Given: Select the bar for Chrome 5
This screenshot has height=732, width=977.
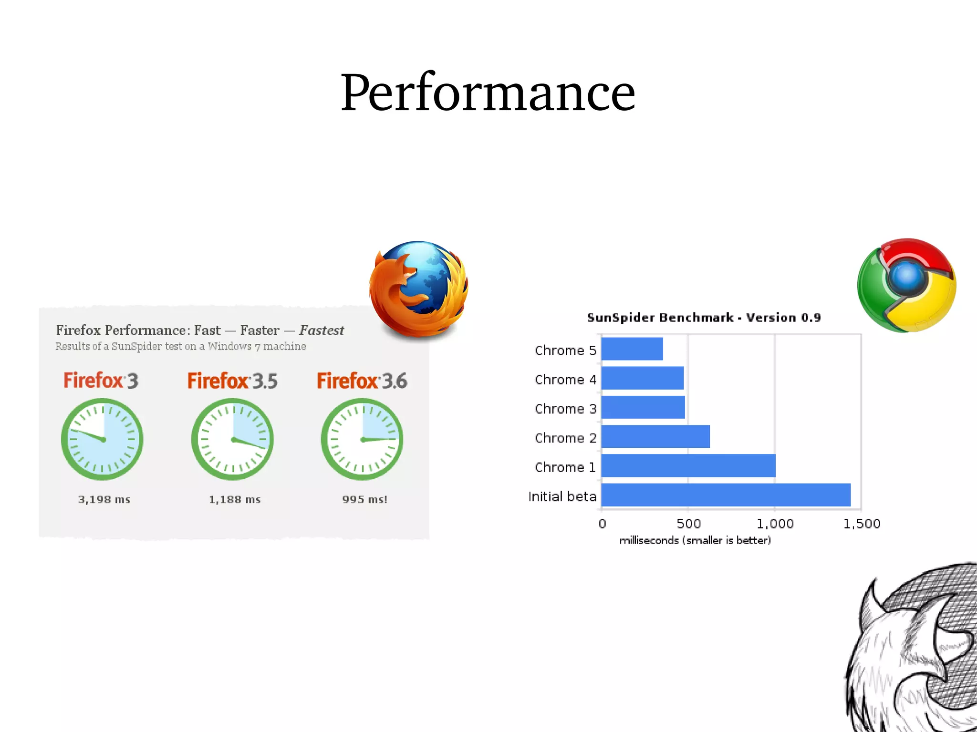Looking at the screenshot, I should pos(632,349).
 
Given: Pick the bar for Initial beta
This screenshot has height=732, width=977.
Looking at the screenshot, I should pos(726,495).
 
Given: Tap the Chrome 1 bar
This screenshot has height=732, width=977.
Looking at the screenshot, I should pos(688,466).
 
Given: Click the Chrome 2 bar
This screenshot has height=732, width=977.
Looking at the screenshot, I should pos(655,437).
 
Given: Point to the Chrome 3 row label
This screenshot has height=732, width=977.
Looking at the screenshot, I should pos(565,409).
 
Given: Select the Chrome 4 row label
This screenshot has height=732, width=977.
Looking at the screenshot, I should pos(565,380).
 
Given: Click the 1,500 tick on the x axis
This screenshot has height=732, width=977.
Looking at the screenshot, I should pos(862,524).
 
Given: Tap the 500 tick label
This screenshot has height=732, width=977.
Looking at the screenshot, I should pos(688,524).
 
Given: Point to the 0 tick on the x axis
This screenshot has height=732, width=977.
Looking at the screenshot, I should pos(602,524).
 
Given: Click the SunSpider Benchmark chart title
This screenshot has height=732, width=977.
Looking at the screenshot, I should pos(704,318).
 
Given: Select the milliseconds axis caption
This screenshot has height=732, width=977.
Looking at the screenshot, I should pos(695,540).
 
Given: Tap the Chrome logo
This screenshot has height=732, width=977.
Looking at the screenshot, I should pos(906,285).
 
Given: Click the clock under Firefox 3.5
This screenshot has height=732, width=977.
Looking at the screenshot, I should pos(232,439).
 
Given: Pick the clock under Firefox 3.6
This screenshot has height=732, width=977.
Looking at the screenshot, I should pos(362,439).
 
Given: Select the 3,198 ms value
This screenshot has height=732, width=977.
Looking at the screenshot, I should pos(104,500).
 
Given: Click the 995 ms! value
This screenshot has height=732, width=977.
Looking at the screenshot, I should pos(364,500).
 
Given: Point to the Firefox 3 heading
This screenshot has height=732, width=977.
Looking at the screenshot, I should pos(101,381).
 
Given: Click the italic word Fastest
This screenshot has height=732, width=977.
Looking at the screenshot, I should pos(322,330).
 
